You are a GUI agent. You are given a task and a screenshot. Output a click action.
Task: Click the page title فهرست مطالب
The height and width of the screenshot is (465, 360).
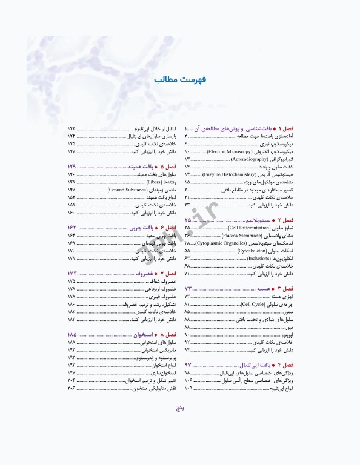point(180,79)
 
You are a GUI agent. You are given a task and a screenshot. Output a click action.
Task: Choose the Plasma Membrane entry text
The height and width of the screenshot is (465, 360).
point(238,234)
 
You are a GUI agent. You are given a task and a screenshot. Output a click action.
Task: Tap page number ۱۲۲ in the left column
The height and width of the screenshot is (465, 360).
point(72,129)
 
